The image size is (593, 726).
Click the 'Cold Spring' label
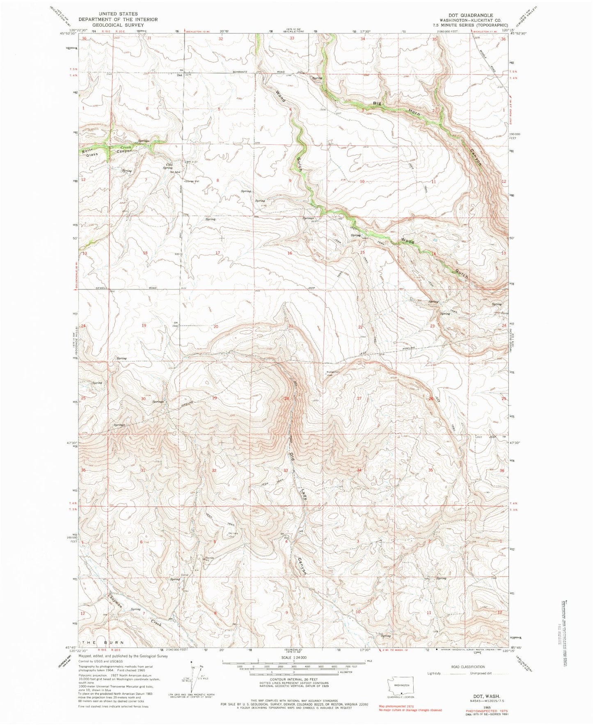167,166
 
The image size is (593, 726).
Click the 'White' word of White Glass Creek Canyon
87,151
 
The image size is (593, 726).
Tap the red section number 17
218,253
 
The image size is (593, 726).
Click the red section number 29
214,398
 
